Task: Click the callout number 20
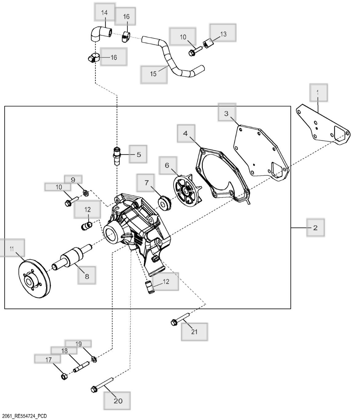pos(118,401)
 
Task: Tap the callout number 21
pos(194,332)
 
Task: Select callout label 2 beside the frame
pos(315,228)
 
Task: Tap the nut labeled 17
pos(64,377)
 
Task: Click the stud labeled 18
pos(81,367)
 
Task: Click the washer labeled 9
pos(86,193)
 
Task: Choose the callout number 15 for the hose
pos(153,74)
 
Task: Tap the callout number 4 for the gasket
pos(185,133)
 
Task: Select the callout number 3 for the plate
pos(226,113)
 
